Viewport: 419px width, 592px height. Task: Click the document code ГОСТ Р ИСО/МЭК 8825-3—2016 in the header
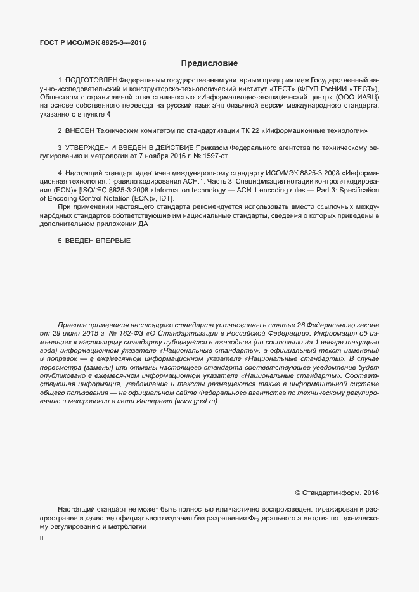[x=93, y=42]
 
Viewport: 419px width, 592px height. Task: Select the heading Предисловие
[x=209, y=63]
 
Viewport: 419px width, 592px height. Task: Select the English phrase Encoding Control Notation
[x=93, y=198]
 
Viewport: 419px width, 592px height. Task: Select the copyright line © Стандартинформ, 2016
[x=337, y=493]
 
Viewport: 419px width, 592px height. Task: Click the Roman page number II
[x=41, y=538]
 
